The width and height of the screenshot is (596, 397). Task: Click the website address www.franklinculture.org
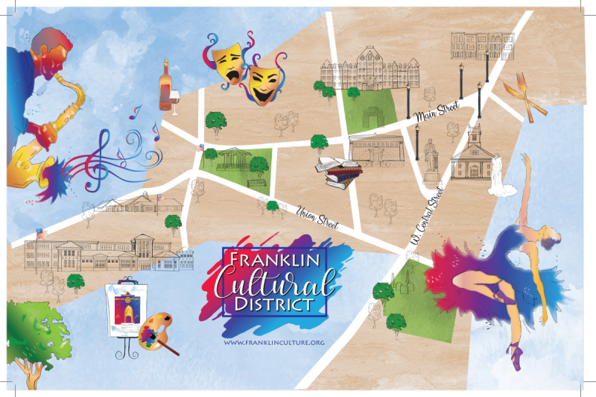(x=274, y=342)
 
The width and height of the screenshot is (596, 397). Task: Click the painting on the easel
(x=124, y=305)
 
